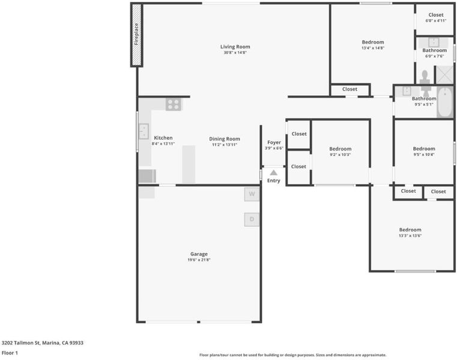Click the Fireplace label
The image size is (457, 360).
point(136,34)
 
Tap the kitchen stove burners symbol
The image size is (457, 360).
point(174,104)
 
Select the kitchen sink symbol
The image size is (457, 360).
point(144,131)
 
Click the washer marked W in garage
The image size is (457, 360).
point(252,194)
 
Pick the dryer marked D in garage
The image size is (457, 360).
point(252,220)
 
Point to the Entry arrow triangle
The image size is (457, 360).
point(273,172)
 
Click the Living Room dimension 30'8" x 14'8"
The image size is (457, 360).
point(235,53)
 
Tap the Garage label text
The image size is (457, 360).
point(199,254)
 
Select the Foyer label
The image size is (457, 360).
point(274,142)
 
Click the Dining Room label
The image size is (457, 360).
point(225,139)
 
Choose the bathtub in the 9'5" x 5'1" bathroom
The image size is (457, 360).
point(445,102)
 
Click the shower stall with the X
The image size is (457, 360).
point(444,75)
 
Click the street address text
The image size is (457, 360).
point(43,343)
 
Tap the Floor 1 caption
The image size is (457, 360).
point(10,353)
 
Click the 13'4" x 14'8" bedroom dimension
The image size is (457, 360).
point(373,48)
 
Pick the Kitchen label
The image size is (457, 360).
point(163,138)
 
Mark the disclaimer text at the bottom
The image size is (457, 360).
point(293,355)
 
